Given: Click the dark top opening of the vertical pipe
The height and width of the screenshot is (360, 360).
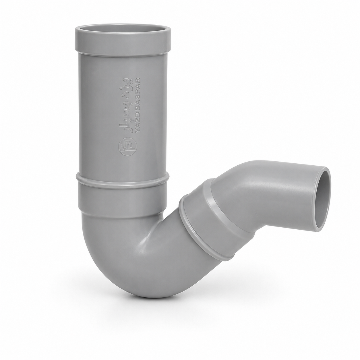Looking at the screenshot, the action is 123,28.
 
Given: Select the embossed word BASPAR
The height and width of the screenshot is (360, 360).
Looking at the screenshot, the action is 138,95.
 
